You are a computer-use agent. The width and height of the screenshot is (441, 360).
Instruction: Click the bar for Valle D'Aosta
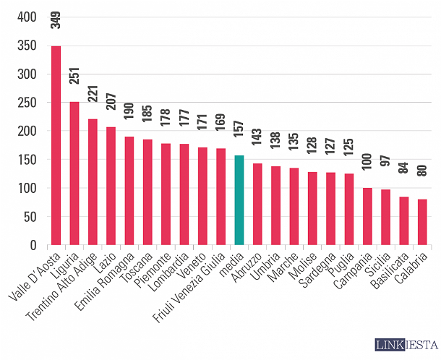[56, 145]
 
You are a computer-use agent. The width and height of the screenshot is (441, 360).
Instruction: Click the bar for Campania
[367, 217]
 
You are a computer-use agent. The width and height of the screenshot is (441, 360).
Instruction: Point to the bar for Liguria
[74, 173]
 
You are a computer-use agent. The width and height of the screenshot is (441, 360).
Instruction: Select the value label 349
[56, 19]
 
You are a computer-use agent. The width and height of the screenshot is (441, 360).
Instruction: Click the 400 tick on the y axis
[26, 17]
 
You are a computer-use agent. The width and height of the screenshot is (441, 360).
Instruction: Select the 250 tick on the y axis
[26, 103]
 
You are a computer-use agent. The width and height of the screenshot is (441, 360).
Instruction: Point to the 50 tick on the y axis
[30, 217]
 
